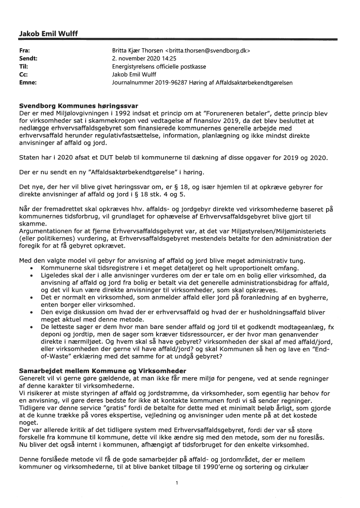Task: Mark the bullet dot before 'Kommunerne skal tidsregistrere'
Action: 32,269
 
